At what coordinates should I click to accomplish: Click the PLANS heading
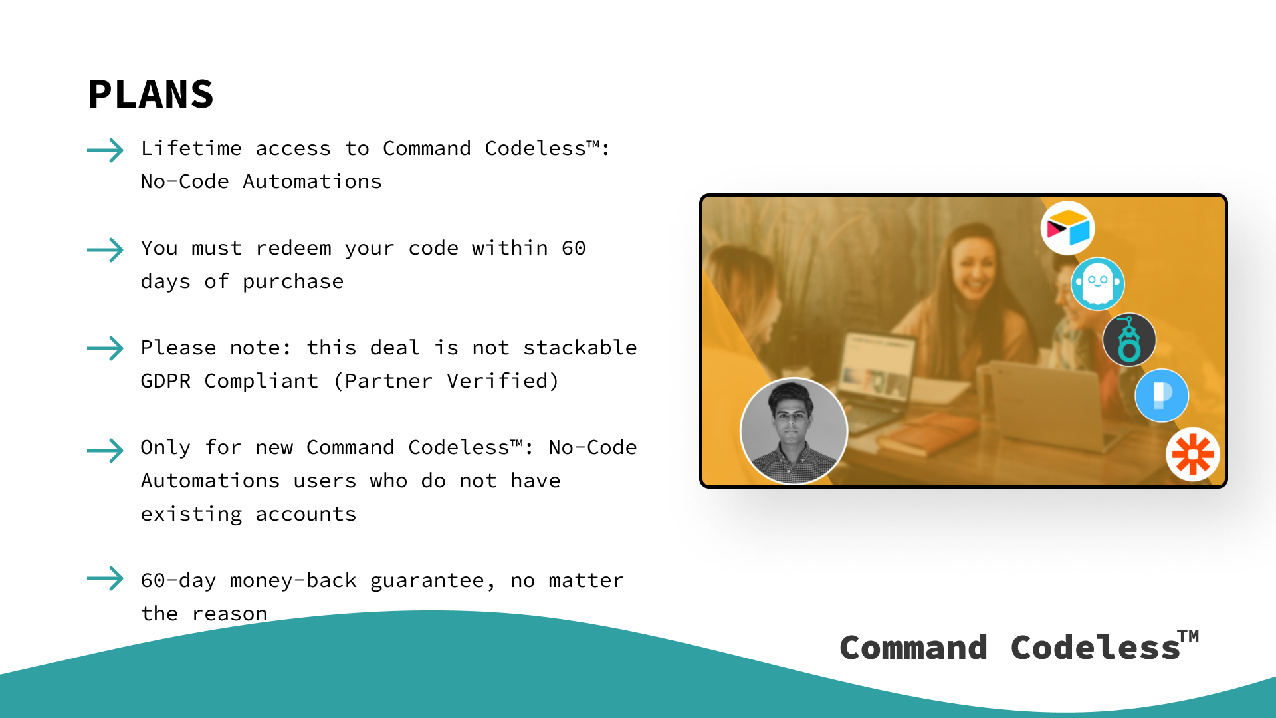(151, 94)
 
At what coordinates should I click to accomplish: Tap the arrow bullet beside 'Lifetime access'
(105, 150)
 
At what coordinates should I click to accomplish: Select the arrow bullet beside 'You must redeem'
(105, 250)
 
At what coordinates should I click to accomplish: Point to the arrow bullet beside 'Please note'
(105, 348)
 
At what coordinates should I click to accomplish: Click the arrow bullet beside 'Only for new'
(105, 450)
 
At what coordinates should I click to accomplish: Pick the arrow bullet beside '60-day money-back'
(105, 578)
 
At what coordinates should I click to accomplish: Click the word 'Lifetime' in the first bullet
(191, 148)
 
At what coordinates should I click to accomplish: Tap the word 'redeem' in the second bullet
(293, 249)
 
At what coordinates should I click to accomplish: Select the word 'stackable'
(580, 348)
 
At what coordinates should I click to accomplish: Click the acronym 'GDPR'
(165, 381)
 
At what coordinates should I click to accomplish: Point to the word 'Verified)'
(502, 381)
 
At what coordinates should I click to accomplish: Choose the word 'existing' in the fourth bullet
(191, 515)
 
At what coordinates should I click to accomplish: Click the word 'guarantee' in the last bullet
(427, 581)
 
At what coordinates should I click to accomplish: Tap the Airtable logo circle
(1068, 228)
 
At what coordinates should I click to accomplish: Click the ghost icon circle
(1098, 284)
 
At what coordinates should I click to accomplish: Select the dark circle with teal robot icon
(1129, 340)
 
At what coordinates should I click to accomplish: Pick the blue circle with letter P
(1162, 396)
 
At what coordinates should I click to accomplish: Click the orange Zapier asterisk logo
(1193, 455)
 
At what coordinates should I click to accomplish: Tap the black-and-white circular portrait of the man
(794, 431)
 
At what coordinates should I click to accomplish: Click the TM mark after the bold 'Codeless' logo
(1189, 636)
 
